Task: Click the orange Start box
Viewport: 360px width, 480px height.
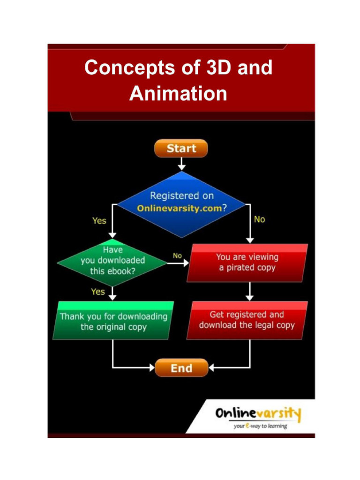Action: (x=181, y=149)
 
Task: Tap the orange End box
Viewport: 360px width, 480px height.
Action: (x=181, y=368)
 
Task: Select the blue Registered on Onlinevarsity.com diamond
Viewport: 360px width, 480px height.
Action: (x=181, y=202)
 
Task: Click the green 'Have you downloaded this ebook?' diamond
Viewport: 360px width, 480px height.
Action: (x=112, y=261)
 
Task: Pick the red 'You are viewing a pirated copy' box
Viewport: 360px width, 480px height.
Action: (x=247, y=262)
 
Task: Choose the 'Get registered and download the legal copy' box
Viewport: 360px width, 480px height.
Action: (x=247, y=320)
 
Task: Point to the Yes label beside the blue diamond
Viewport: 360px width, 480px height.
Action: (x=99, y=220)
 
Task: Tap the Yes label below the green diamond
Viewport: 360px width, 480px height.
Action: (x=98, y=292)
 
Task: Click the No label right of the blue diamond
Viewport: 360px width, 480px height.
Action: (x=259, y=219)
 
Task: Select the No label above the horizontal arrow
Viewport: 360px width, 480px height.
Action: (x=177, y=256)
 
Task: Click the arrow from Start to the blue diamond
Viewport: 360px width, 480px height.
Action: (x=181, y=164)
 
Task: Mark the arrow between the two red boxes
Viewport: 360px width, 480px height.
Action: (x=250, y=291)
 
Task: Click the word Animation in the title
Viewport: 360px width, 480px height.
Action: (x=178, y=93)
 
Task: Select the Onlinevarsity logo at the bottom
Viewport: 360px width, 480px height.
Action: (x=257, y=414)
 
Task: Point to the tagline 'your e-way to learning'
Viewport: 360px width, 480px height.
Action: (x=261, y=426)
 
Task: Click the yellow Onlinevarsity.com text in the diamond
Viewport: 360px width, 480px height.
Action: (x=179, y=209)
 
